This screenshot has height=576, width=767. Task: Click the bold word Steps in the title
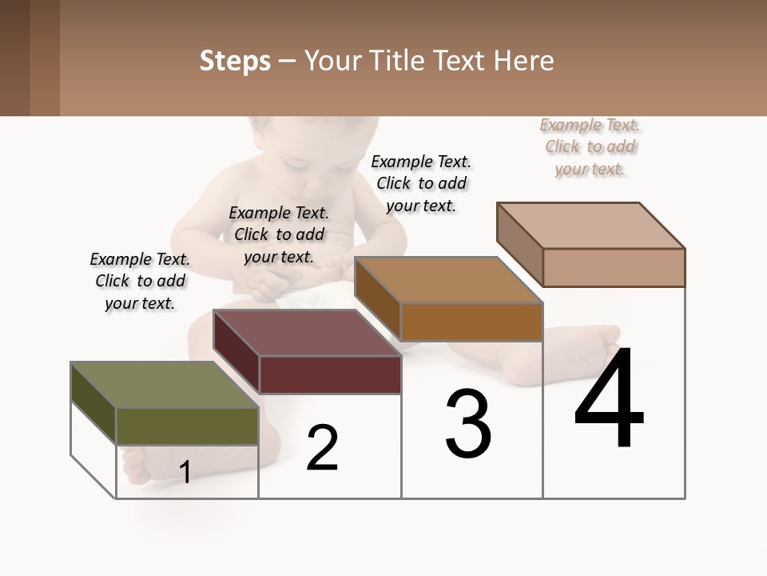coord(235,61)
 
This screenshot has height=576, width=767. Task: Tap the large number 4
coord(610,399)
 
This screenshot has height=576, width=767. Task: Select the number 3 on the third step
coord(468,424)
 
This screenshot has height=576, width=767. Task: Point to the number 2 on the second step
coord(323,447)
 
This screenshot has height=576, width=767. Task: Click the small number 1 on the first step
coord(185,472)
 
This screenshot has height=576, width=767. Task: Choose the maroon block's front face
coord(330,374)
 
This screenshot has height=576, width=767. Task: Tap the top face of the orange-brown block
coord(447,281)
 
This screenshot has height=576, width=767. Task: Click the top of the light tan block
coord(591,225)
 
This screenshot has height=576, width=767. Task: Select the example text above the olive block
coord(141,281)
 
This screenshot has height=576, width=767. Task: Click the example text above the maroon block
coord(279,234)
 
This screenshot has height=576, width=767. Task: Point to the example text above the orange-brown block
coord(421,183)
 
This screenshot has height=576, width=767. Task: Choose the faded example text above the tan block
coord(590,146)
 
